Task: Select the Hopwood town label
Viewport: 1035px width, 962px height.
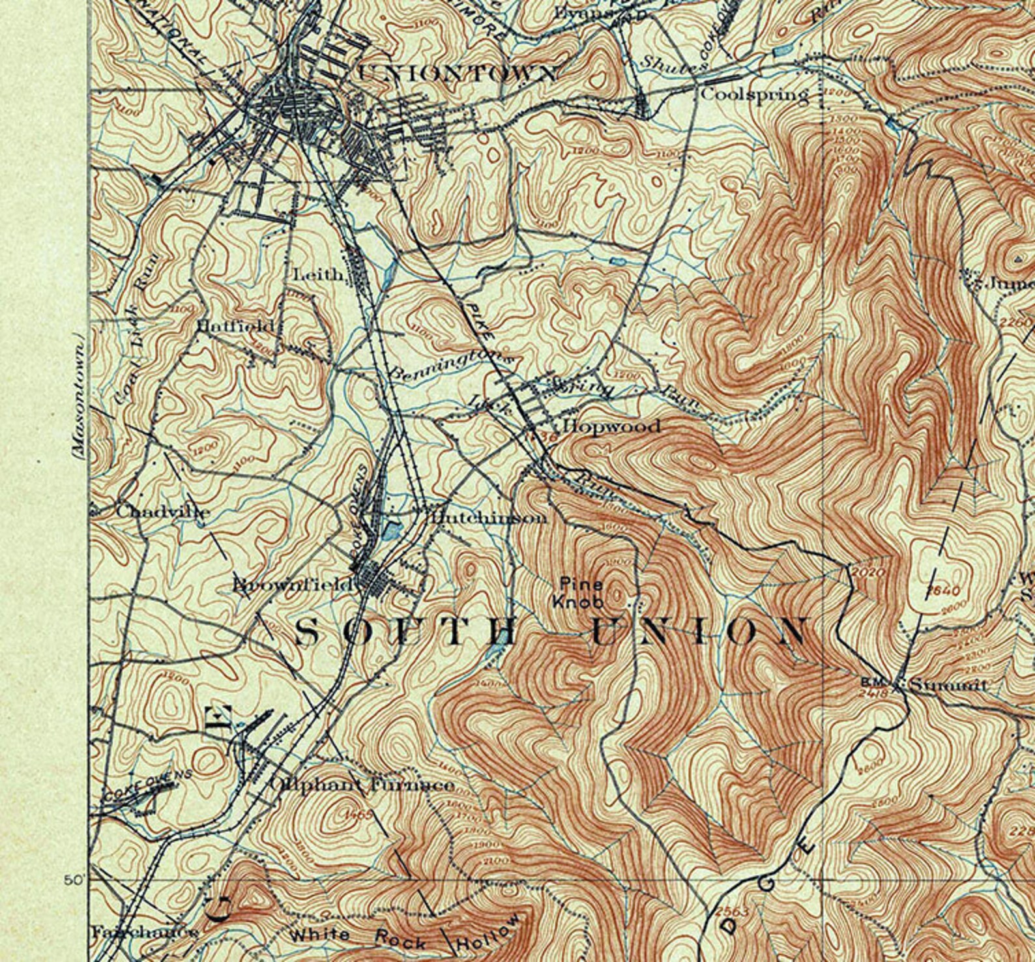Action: (x=611, y=427)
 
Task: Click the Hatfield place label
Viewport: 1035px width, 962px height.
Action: (x=235, y=325)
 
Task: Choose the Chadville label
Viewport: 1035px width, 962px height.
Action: (x=163, y=512)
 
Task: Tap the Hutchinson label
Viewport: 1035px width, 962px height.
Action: (x=488, y=518)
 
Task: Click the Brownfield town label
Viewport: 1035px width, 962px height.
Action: (x=293, y=585)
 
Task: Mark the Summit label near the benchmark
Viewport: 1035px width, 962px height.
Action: (x=948, y=686)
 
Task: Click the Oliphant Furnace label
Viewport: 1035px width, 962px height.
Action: (x=362, y=785)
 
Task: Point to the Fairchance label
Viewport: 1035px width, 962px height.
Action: (x=144, y=933)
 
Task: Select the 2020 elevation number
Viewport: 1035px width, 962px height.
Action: (x=868, y=572)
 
